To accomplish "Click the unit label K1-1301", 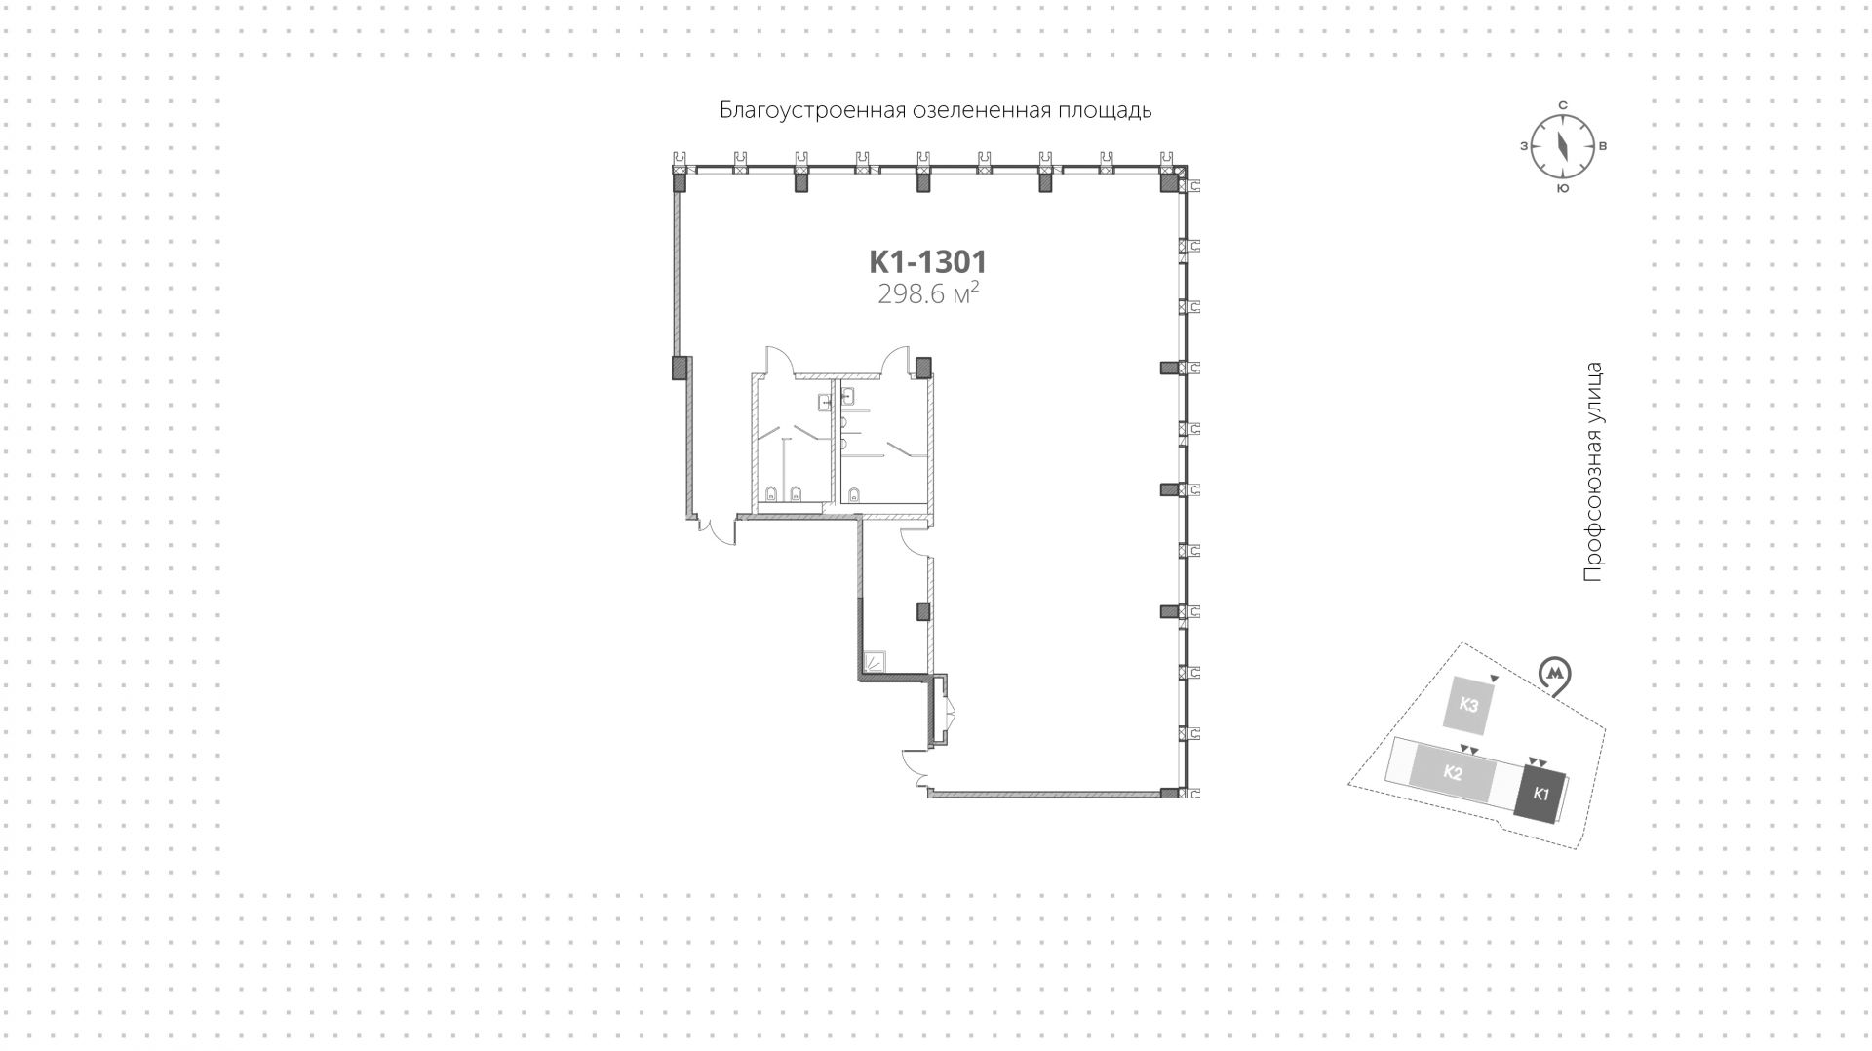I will point(927,262).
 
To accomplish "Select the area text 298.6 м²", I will point(927,293).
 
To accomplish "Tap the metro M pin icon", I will point(1554,674).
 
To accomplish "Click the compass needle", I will point(1562,146).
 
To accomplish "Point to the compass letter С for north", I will point(1562,105).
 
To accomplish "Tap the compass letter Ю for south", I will point(1562,188).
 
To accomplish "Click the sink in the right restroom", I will point(847,395).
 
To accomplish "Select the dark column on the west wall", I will point(680,367).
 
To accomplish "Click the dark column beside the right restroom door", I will point(922,367).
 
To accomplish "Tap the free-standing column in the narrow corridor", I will point(922,612).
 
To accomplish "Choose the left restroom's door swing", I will point(780,361).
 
